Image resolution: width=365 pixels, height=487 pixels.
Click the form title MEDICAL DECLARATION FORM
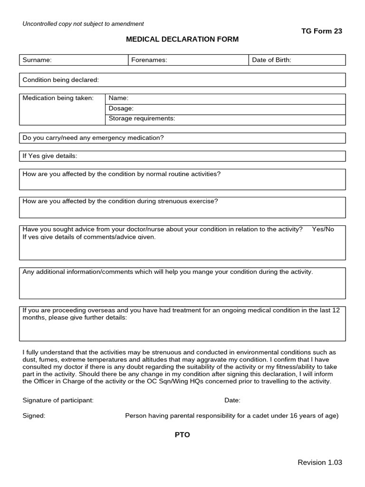click(x=182, y=39)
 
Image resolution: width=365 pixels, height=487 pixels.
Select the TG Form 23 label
click(x=321, y=31)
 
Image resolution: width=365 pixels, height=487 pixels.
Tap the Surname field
click(x=73, y=60)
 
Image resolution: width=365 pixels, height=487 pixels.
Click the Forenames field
click(x=188, y=60)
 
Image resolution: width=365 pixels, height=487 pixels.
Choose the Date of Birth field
click(x=297, y=60)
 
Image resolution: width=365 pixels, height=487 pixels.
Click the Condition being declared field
click(x=182, y=80)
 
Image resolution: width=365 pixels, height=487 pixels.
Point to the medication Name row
click(x=224, y=98)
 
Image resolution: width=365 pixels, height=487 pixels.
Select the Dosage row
click(x=224, y=108)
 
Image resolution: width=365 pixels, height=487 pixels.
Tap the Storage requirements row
click(x=224, y=119)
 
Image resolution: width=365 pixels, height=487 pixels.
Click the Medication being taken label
click(x=58, y=98)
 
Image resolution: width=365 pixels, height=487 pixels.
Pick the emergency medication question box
click(x=182, y=138)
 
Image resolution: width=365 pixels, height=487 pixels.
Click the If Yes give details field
click(x=182, y=156)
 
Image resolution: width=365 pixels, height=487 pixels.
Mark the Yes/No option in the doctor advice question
click(x=323, y=229)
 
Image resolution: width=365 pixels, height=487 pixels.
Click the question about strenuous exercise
click(x=120, y=201)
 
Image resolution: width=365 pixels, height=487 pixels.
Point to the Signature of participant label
click(x=58, y=400)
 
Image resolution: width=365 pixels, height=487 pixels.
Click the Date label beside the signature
click(x=232, y=400)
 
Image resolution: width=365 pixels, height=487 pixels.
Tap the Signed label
click(x=34, y=416)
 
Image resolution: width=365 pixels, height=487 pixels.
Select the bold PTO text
click(x=182, y=435)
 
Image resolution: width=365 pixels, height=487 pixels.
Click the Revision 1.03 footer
click(x=319, y=462)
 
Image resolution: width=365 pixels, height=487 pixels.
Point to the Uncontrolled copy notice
click(x=83, y=24)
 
